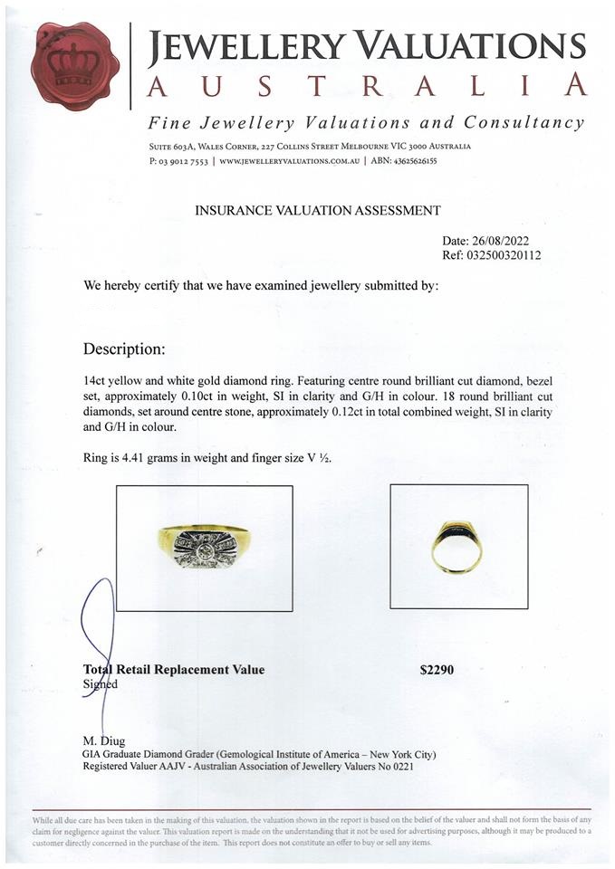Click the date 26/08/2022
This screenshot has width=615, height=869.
tap(499, 241)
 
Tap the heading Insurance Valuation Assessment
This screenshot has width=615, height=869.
tap(318, 211)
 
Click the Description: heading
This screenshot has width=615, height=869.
tap(124, 349)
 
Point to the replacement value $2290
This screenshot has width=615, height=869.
tap(437, 670)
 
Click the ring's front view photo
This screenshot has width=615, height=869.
tap(204, 548)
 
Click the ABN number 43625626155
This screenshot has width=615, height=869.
tap(418, 161)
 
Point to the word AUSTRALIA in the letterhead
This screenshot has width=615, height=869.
tap(366, 86)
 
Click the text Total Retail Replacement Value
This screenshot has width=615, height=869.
tap(174, 670)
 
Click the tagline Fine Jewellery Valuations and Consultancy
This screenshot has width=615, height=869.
tap(366, 123)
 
